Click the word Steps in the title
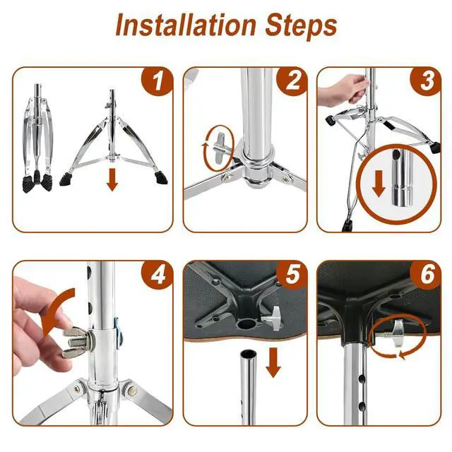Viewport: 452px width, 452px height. click(301, 27)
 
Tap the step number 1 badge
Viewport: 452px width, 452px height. click(157, 82)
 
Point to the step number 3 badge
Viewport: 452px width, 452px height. click(426, 82)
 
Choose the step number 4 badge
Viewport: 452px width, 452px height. click(157, 275)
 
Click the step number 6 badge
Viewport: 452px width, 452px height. click(426, 275)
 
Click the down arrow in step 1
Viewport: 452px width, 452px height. click(112, 180)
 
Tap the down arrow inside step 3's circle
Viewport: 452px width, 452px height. click(379, 184)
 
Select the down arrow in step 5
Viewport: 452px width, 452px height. click(273, 362)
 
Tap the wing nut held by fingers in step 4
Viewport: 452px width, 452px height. click(76, 342)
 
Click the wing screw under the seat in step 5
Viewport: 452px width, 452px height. click(272, 318)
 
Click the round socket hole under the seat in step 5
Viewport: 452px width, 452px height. click(245, 324)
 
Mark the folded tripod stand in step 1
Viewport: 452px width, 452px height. click(37, 138)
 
